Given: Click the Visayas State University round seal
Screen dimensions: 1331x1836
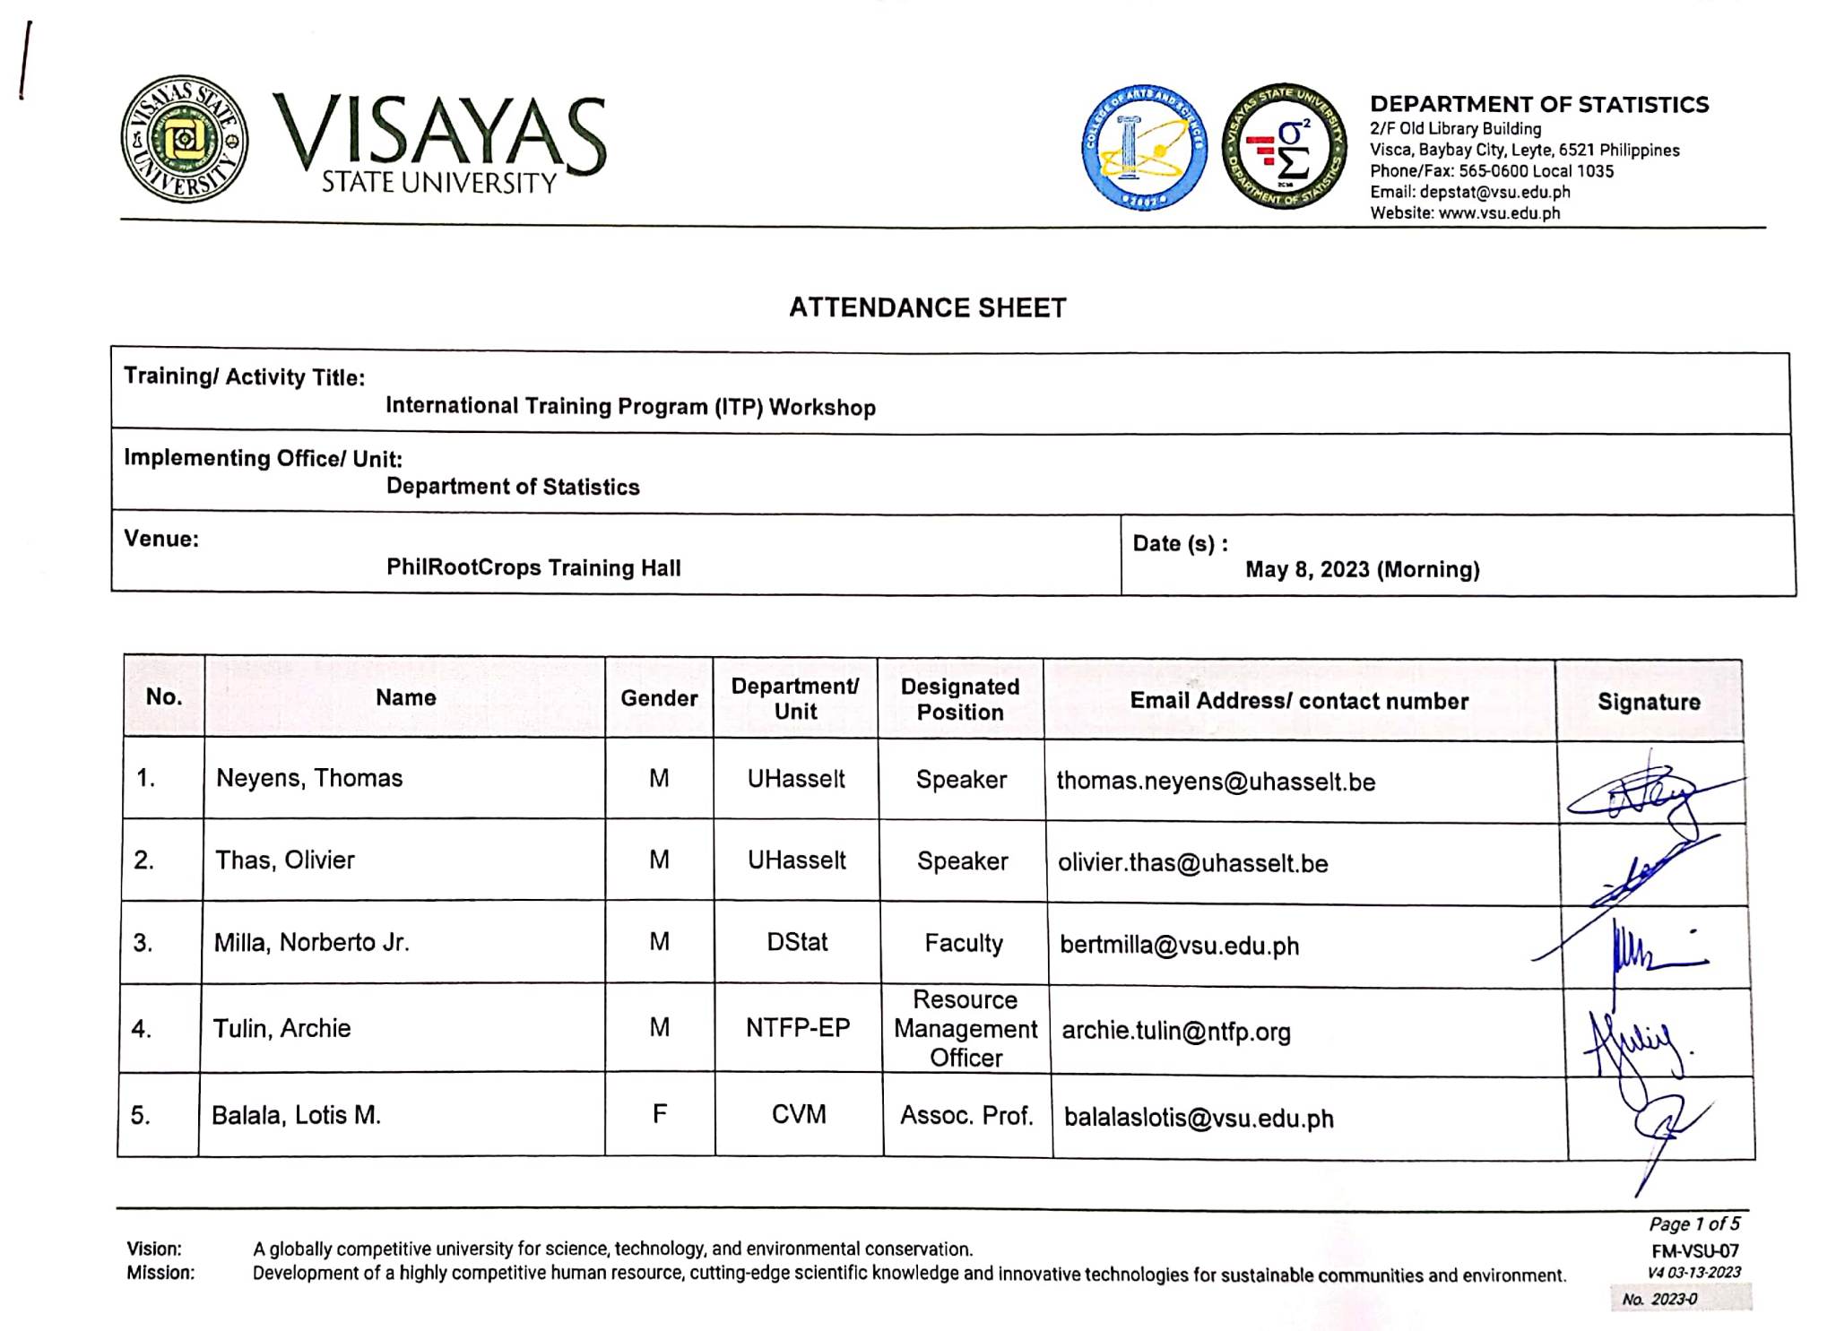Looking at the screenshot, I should point(185,140).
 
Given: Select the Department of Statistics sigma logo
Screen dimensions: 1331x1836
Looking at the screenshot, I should point(1284,147).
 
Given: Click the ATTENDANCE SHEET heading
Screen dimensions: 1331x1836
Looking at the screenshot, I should point(927,307).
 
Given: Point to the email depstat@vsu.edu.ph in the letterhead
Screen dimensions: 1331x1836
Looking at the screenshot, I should point(1469,192).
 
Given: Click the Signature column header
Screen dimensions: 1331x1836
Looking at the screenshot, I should point(1649,702).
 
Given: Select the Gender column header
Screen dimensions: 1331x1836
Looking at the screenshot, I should point(659,698).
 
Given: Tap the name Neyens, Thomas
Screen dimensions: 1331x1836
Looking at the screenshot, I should point(309,778).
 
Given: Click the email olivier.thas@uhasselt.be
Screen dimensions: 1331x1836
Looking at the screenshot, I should point(1192,863).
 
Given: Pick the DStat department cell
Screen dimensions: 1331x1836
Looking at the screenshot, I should point(797,942).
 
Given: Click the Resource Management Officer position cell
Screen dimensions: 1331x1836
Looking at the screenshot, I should point(965,1029).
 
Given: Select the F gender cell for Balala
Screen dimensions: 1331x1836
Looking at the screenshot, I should point(660,1114).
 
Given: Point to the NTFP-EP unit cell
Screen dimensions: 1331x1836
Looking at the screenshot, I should point(798,1028).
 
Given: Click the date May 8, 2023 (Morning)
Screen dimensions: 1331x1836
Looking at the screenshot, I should point(1362,569).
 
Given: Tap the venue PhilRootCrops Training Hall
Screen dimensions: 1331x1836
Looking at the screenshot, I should point(533,567).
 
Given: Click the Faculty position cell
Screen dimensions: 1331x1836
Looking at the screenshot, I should point(964,943).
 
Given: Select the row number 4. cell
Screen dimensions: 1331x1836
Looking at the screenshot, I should point(142,1028).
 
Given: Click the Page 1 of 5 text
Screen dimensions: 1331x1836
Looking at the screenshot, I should point(1693,1224).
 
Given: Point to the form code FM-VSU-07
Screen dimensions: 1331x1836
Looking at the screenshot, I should point(1694,1251).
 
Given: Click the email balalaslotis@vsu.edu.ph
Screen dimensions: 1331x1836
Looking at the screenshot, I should point(1199,1119).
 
